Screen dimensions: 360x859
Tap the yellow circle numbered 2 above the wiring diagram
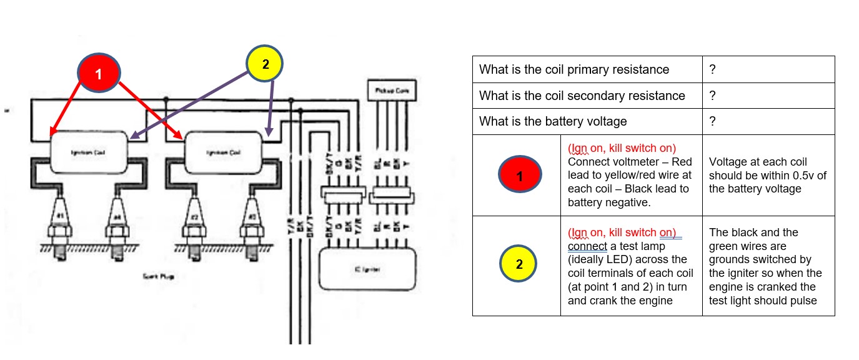click(x=265, y=64)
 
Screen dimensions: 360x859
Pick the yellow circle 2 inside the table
click(x=519, y=265)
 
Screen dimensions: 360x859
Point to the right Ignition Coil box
click(x=223, y=152)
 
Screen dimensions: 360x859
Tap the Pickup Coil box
click(x=392, y=91)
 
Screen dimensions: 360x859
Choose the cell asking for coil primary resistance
click(x=587, y=69)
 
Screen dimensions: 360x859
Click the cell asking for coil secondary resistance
click(x=587, y=96)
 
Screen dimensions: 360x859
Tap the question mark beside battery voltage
click(x=712, y=121)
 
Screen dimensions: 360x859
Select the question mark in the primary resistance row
click(x=712, y=69)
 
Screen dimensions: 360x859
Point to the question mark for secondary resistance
click(x=712, y=96)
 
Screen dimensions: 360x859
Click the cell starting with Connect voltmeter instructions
click(x=631, y=176)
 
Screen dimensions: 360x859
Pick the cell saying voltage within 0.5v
click(x=768, y=176)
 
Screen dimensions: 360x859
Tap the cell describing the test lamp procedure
click(x=631, y=266)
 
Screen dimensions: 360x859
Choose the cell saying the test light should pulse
click(x=768, y=266)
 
